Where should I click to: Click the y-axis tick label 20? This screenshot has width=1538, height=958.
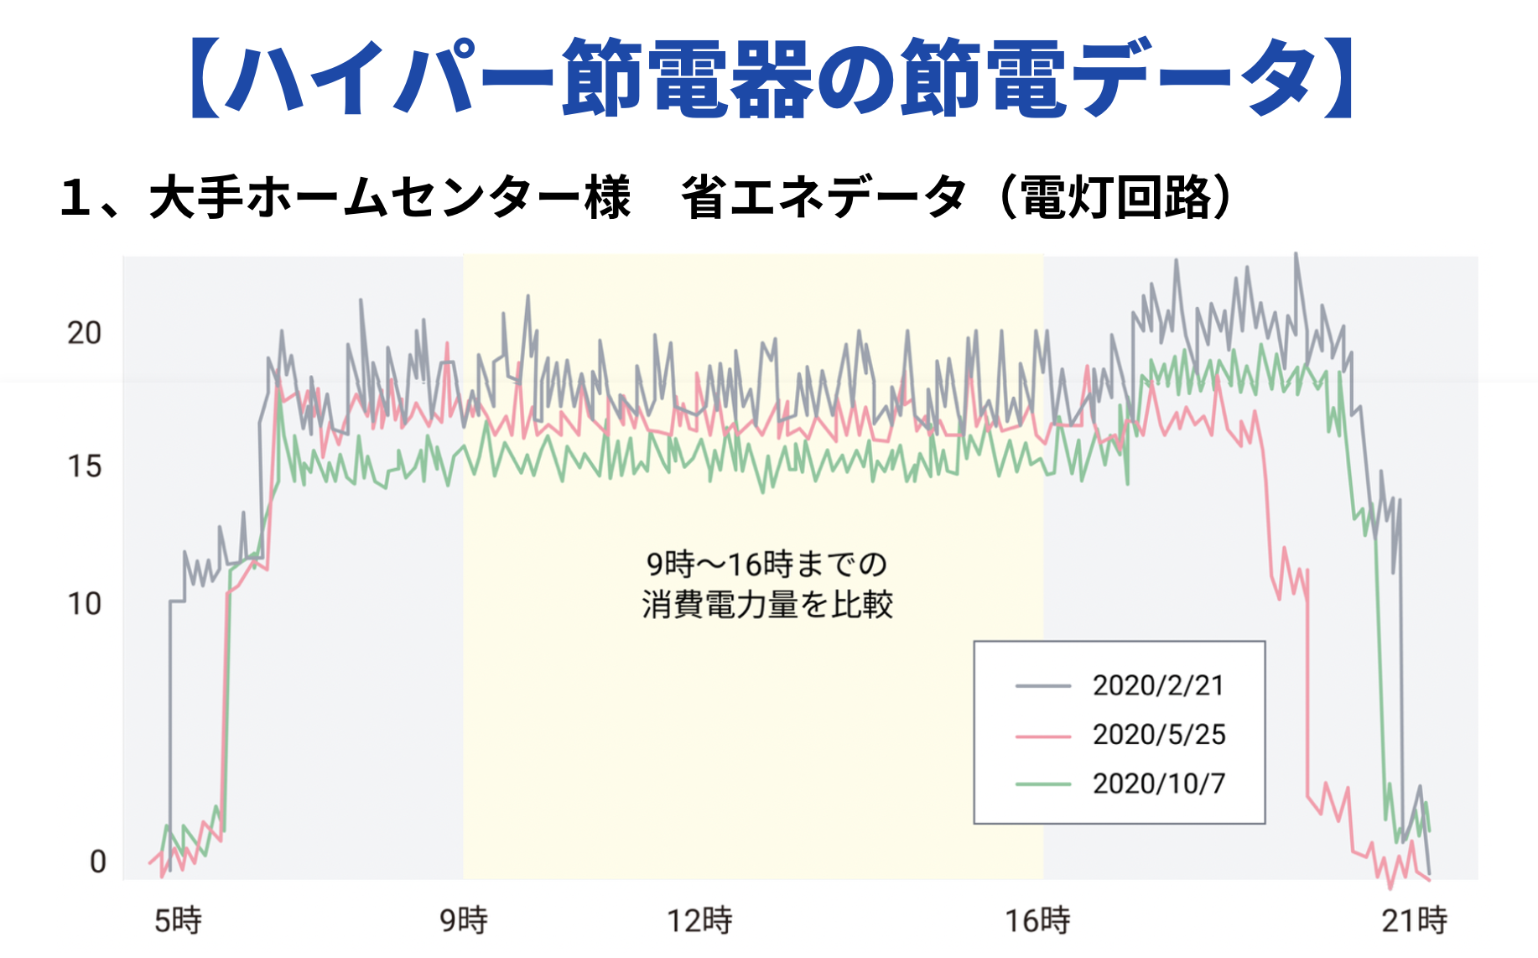click(84, 333)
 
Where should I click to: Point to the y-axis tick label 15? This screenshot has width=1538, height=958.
click(84, 466)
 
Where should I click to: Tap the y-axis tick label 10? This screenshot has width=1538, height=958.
click(84, 603)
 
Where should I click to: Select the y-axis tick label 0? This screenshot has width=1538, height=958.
click(97, 862)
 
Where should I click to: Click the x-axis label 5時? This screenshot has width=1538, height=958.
click(178, 920)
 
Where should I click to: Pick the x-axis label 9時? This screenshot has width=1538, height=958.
click(464, 920)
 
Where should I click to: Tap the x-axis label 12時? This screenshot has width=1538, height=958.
click(699, 920)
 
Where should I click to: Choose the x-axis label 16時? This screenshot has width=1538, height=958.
click(1037, 920)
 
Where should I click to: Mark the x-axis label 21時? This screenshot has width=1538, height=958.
click(1414, 920)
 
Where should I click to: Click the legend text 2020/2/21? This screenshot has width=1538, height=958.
click(1158, 685)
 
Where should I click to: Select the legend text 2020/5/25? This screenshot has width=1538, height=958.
click(1158, 735)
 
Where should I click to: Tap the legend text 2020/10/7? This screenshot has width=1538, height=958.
click(1158, 784)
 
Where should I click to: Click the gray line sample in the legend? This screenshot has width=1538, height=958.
click(1042, 686)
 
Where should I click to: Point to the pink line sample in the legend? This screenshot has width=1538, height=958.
click(1042, 736)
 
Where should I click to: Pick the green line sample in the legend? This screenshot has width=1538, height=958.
click(1042, 784)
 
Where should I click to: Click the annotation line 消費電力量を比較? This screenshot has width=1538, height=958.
click(767, 604)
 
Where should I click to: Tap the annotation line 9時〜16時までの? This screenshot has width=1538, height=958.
click(767, 564)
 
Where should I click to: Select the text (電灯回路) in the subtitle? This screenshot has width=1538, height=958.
click(1116, 198)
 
